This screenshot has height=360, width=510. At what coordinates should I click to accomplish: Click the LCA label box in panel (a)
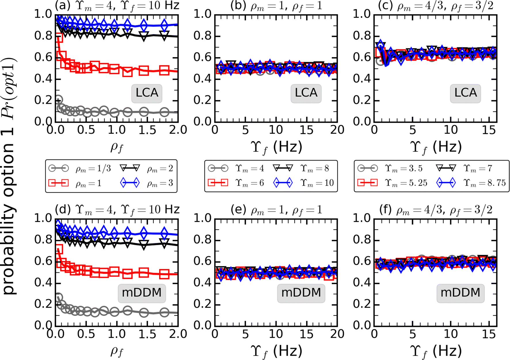click(147, 93)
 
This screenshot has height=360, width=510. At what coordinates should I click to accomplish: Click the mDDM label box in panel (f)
click(460, 293)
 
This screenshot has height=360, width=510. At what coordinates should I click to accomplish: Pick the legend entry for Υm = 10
click(304, 183)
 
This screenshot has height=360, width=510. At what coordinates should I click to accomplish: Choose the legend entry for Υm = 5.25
click(392, 183)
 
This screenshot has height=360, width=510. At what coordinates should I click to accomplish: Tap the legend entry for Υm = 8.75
click(471, 183)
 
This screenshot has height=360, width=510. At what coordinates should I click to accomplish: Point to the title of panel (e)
click(276, 210)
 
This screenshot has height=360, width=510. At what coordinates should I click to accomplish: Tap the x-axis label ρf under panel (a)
click(117, 147)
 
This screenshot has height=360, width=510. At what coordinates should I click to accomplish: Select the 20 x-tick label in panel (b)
click(337, 130)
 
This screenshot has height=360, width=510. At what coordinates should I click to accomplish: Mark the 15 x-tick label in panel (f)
click(488, 334)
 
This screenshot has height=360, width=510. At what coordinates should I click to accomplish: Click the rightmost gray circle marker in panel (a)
click(164, 112)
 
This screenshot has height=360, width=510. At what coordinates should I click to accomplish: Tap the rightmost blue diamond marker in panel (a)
click(164, 25)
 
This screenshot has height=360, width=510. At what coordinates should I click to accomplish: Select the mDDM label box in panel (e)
click(301, 293)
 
